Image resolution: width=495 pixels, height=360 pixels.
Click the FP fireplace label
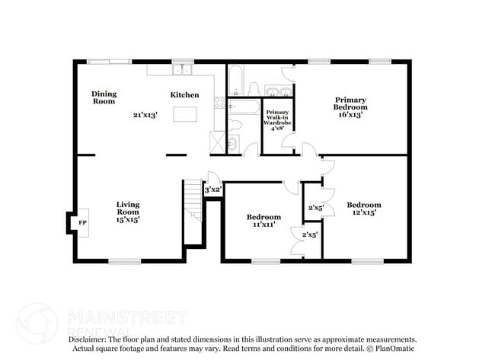(81, 222)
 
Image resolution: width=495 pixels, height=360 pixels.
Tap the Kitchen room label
(184, 95)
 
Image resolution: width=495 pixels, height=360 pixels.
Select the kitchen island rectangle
(185, 114)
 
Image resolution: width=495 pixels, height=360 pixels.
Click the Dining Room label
(104, 97)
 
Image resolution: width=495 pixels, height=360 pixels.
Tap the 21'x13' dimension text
(145, 114)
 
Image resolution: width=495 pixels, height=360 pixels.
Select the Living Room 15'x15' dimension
(127, 218)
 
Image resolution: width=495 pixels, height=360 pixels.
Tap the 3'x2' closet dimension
(212, 190)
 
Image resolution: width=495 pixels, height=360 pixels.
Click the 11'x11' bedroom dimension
(263, 224)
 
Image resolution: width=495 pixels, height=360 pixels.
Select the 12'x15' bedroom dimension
(363, 212)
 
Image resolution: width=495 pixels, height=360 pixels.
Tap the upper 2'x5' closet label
(315, 207)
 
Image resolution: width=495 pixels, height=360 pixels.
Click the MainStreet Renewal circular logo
(37, 323)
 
